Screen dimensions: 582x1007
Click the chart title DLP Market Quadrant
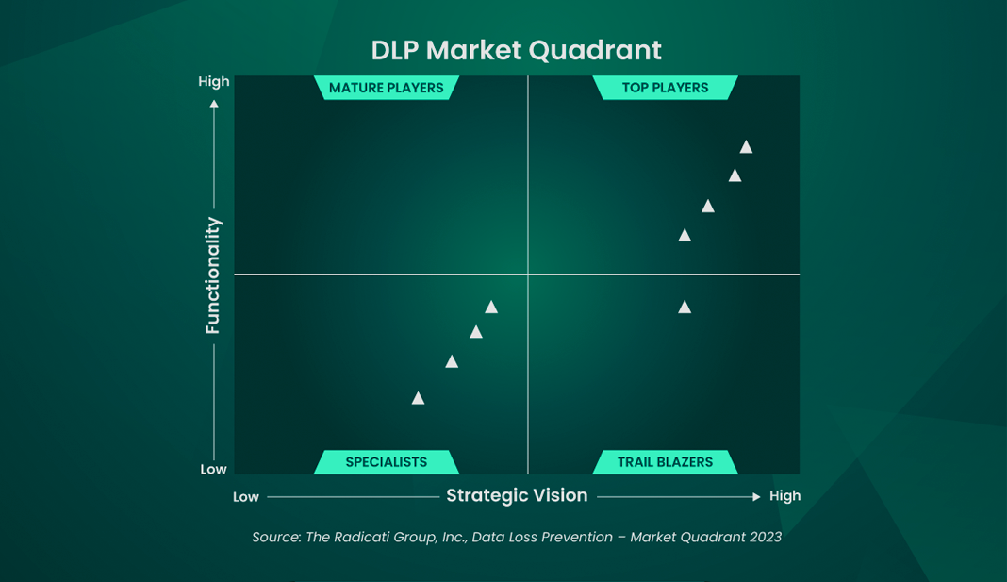point(516,50)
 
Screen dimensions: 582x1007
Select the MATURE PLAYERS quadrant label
point(386,88)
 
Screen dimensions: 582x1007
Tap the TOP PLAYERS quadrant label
point(665,88)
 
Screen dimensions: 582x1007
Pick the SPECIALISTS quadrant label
point(386,462)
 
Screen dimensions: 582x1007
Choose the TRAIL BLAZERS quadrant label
point(665,462)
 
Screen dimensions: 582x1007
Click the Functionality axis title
point(213,275)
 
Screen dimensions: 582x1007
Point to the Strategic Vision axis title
point(517,495)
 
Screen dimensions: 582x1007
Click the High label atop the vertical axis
point(214,81)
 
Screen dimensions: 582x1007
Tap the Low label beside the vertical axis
point(213,469)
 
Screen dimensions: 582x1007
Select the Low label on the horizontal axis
point(246,497)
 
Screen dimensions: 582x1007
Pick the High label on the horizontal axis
point(784,495)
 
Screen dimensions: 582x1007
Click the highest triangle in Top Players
point(746,146)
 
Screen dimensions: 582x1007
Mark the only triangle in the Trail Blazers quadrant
point(685,307)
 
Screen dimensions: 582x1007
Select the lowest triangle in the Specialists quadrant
point(418,398)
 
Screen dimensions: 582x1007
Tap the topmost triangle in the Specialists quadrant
point(490,307)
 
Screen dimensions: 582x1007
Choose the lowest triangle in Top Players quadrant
point(685,235)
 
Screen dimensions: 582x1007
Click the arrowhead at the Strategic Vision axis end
point(756,496)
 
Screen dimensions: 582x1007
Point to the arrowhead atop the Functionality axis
point(214,104)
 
